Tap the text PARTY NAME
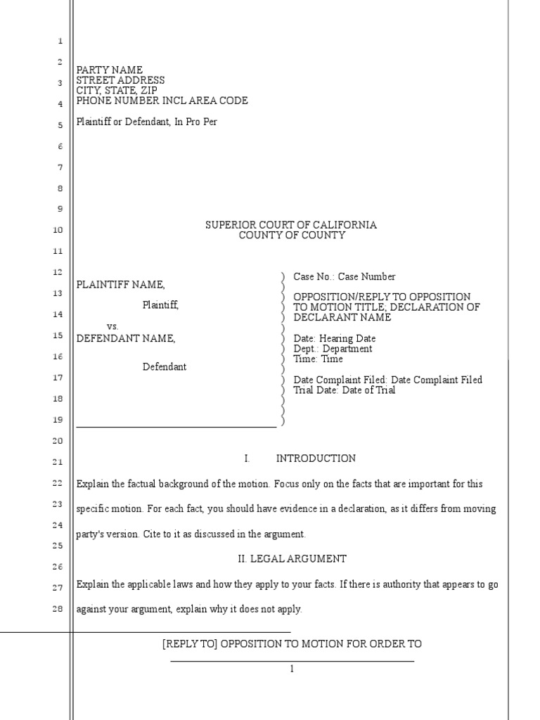(109, 70)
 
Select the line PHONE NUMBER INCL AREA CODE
(162, 101)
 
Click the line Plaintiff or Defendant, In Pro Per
(147, 122)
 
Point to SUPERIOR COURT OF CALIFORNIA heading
(291, 225)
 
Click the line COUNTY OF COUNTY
(292, 236)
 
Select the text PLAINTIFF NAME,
(121, 284)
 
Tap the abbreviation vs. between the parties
(112, 327)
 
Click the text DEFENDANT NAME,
(126, 338)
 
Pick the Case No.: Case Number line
(344, 277)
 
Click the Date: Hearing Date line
(334, 338)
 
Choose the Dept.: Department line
(333, 349)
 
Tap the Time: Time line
(318, 359)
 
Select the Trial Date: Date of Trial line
(344, 390)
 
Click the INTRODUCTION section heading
(316, 458)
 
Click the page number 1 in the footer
(292, 669)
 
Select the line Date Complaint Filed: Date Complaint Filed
(387, 380)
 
